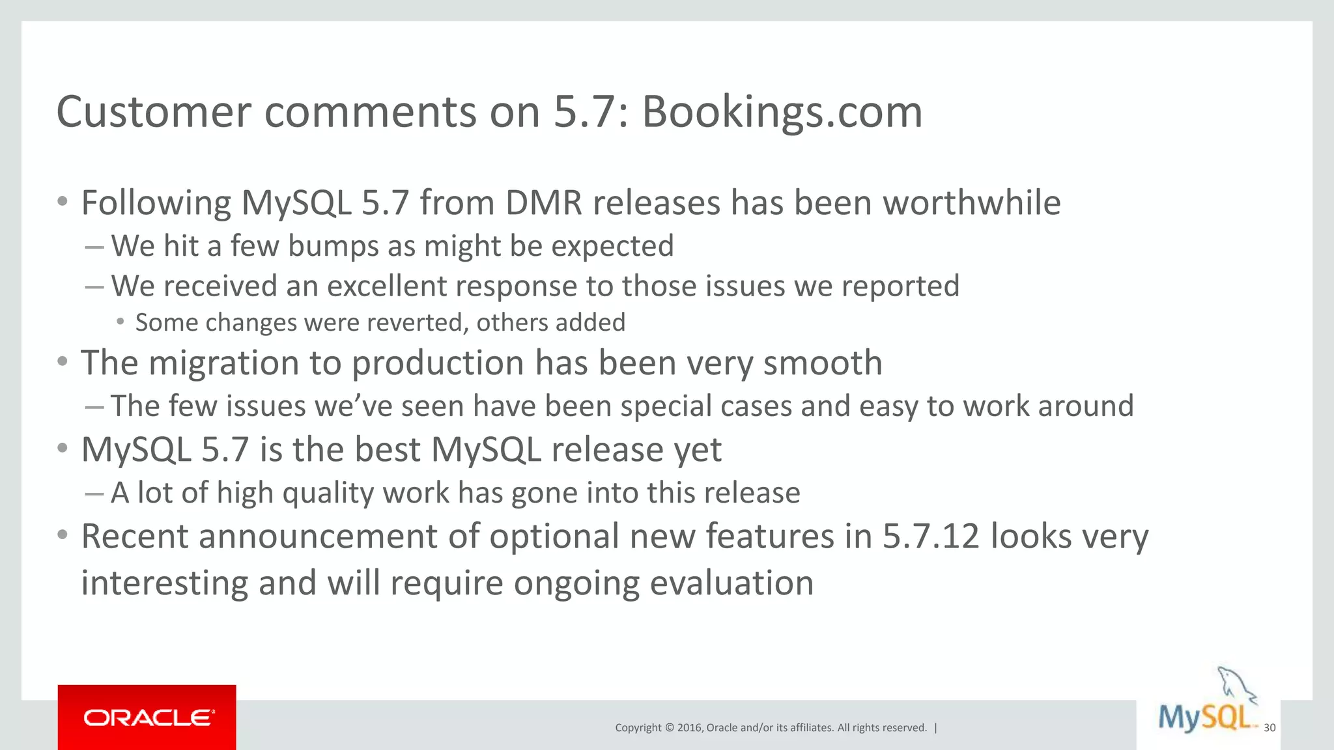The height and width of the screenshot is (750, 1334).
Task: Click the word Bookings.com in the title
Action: click(782, 112)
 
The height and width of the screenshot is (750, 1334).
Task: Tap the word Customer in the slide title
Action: click(154, 112)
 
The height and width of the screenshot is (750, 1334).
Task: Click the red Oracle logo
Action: click(147, 717)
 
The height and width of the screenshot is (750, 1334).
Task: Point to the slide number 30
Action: click(1270, 728)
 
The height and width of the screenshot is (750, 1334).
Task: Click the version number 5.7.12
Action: click(931, 536)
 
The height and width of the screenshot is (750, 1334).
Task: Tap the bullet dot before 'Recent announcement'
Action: click(63, 535)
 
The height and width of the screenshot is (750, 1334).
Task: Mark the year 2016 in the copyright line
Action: click(689, 728)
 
